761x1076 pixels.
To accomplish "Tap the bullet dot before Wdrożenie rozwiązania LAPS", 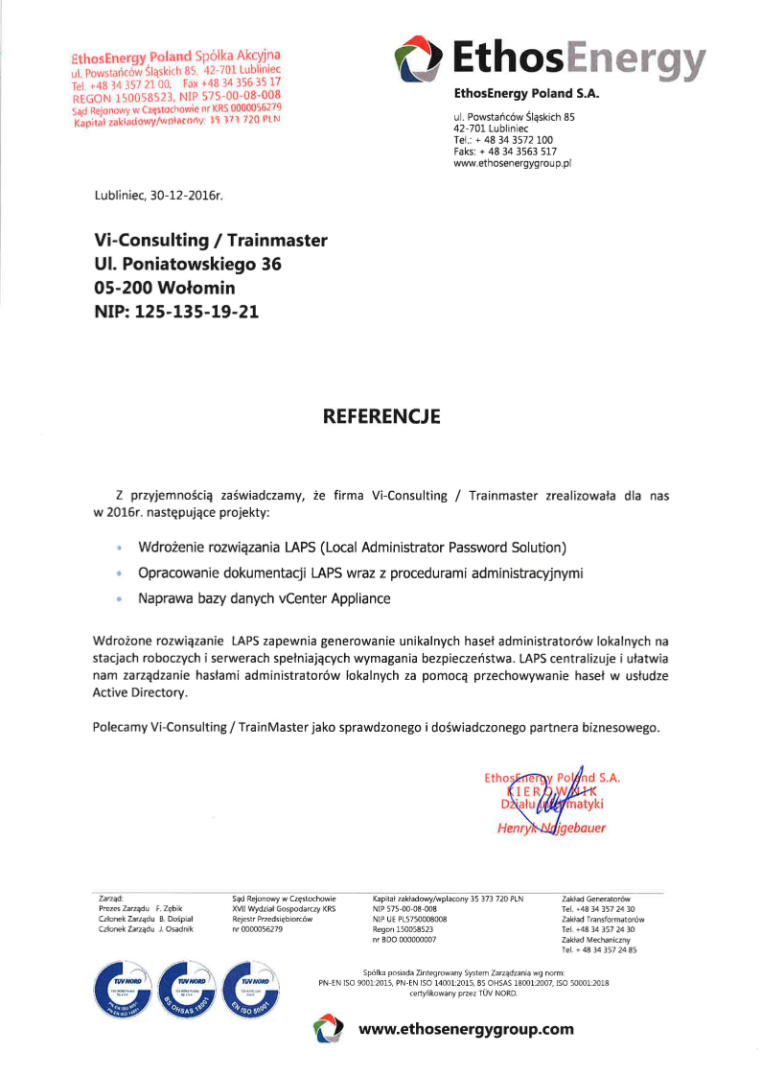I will point(118,549).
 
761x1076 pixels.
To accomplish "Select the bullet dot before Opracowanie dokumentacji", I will point(118,573).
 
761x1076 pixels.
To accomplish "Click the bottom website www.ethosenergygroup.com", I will point(466,1030).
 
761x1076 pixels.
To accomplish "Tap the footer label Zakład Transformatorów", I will point(602,919).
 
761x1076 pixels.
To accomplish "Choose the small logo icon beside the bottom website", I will point(328,1030).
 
